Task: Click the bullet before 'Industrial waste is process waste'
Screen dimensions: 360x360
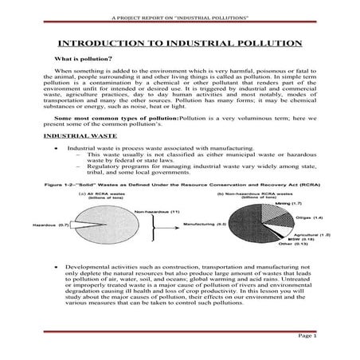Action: (x=54, y=147)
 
